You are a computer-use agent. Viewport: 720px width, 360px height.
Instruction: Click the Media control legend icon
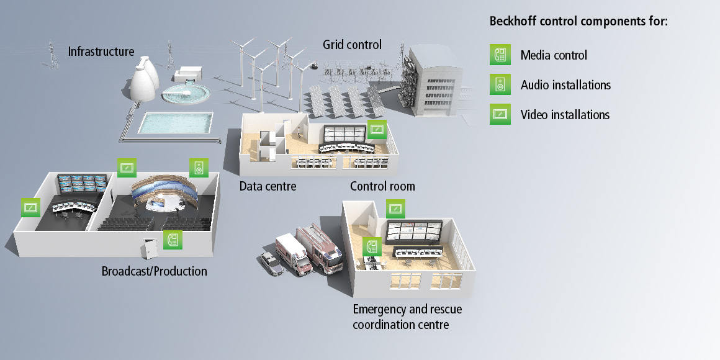(500, 55)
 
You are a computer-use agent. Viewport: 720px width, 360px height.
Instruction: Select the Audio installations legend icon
(500, 84)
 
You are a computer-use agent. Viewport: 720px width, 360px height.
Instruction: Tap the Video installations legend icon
(500, 114)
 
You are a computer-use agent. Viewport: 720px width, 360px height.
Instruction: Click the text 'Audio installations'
(565, 85)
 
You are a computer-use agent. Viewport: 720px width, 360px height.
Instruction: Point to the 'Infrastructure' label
(101, 51)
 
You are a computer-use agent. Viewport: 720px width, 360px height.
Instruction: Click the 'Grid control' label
(352, 45)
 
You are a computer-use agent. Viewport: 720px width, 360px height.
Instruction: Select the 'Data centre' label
(268, 186)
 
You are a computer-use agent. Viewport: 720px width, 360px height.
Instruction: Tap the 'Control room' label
(382, 186)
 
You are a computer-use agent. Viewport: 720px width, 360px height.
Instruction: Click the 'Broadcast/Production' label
(154, 271)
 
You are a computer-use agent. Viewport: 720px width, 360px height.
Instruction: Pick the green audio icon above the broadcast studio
(199, 167)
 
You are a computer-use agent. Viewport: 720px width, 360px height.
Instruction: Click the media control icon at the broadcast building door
(173, 240)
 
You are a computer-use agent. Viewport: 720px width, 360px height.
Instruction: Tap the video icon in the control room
(377, 129)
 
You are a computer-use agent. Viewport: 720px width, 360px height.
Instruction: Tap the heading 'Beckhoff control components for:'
(578, 21)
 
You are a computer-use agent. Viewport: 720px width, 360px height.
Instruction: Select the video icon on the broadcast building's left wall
(30, 207)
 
